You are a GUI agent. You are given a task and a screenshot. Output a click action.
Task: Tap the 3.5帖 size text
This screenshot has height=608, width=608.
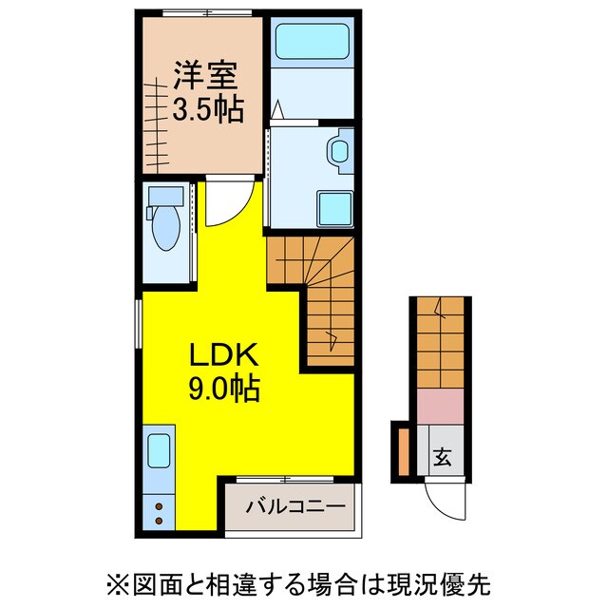206,108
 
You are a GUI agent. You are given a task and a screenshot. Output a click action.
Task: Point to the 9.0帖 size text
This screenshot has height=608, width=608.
225,389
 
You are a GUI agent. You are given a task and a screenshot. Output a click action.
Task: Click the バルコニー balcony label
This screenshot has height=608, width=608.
294,506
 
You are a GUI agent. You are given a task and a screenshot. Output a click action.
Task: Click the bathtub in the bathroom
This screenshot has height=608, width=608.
313,42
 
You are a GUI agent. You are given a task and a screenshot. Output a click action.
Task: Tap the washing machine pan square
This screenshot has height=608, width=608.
334,206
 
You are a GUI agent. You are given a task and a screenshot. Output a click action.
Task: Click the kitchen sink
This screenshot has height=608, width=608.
158,451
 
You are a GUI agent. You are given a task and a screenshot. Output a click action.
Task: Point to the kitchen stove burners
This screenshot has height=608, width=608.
158,513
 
